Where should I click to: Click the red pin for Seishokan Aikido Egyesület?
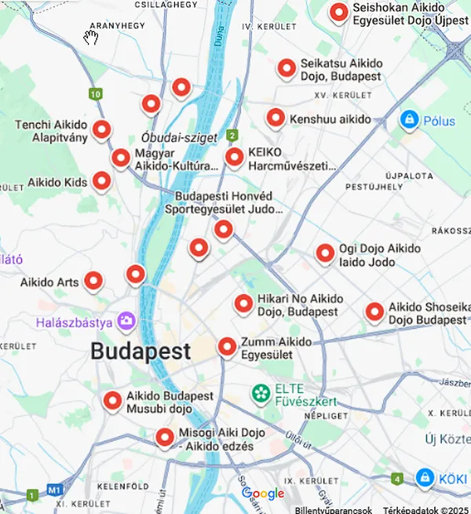(x=339, y=13)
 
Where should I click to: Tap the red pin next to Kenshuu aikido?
(x=276, y=118)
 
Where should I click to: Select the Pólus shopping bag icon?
(x=407, y=120)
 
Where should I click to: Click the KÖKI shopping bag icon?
(x=425, y=476)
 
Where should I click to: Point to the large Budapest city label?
(x=141, y=351)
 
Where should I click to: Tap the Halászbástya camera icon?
(x=125, y=321)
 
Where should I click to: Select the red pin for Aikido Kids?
(x=101, y=181)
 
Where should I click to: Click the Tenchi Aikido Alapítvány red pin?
(x=101, y=129)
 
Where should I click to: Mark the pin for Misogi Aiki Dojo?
(x=165, y=437)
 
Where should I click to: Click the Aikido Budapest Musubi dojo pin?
(x=113, y=401)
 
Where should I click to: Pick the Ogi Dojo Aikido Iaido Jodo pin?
(x=325, y=253)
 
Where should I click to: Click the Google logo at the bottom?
(x=263, y=494)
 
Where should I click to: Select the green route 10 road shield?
(x=95, y=94)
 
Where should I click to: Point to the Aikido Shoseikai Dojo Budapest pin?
(x=375, y=312)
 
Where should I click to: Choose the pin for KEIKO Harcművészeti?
(x=235, y=157)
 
